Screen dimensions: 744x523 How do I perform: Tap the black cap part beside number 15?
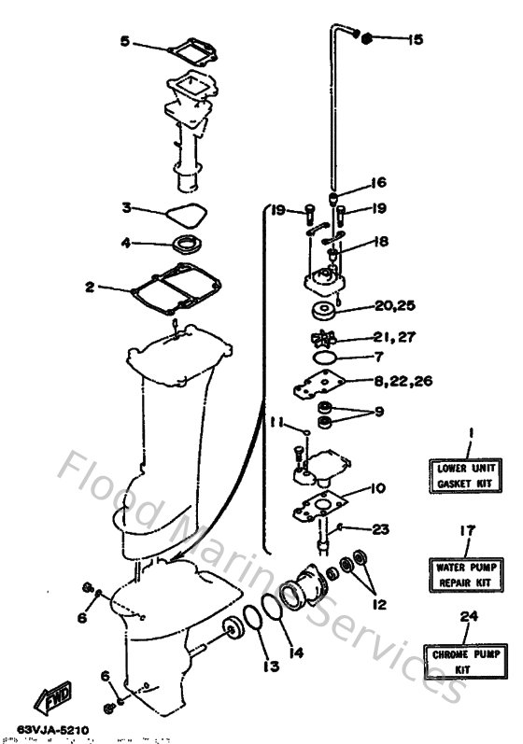(367, 38)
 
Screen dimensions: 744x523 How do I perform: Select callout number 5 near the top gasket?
(125, 42)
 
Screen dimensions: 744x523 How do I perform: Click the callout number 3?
(125, 207)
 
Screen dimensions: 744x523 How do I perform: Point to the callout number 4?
(125, 244)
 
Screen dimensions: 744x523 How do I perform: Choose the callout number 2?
(90, 288)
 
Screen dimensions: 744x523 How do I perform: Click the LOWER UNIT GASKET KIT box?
(464, 477)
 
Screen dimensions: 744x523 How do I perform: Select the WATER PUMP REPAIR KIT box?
(464, 575)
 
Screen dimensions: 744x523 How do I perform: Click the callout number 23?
(379, 529)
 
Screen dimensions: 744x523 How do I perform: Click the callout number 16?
(377, 182)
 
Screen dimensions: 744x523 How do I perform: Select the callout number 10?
(379, 488)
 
